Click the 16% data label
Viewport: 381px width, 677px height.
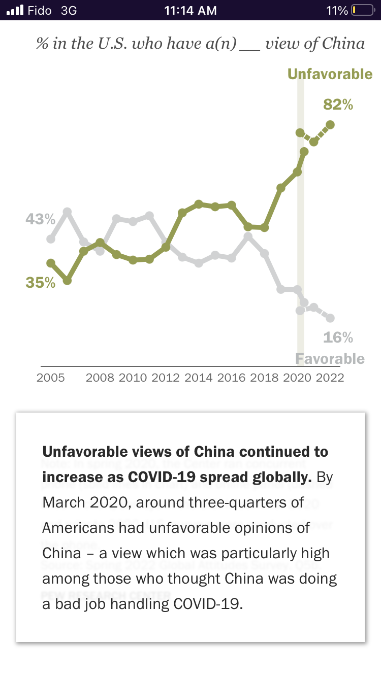tap(338, 337)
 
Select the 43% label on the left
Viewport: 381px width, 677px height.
tap(40, 219)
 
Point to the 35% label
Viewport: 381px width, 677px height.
tap(40, 283)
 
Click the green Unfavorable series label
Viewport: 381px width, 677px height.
tap(330, 74)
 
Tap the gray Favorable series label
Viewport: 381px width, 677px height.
tap(330, 359)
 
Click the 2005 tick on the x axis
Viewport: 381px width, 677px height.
tap(50, 378)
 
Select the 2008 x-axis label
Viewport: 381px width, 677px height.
tap(100, 378)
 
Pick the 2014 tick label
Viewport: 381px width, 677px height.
tap(199, 378)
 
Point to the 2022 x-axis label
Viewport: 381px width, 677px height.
tap(330, 378)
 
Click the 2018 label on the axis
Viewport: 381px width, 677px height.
tap(264, 378)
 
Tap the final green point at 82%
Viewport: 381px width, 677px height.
tap(330, 124)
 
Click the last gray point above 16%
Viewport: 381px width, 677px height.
tap(330, 318)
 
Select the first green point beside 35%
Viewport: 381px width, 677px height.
tap(51, 263)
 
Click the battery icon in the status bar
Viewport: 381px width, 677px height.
tap(362, 10)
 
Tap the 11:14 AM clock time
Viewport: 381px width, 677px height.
tap(190, 10)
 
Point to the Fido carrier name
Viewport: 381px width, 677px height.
tap(40, 10)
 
